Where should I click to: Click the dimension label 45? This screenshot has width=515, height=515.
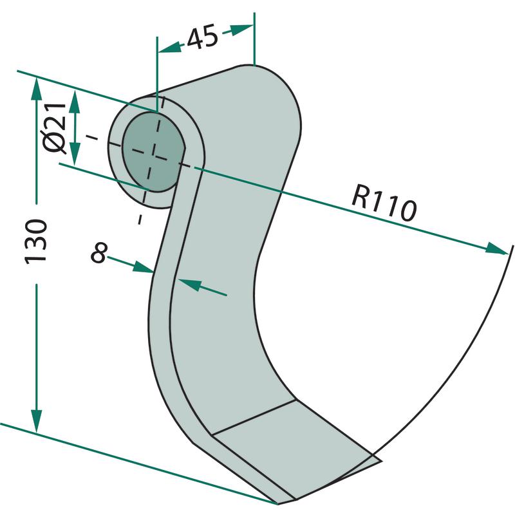coord(203,39)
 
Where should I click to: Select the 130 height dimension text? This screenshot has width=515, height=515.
coord(37,240)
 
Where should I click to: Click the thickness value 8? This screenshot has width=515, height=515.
coord(98,253)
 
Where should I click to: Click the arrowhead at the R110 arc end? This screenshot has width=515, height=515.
coord(497,249)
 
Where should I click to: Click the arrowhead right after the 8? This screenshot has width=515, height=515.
coord(144,268)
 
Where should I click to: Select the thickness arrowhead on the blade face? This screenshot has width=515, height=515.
coord(187,283)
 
